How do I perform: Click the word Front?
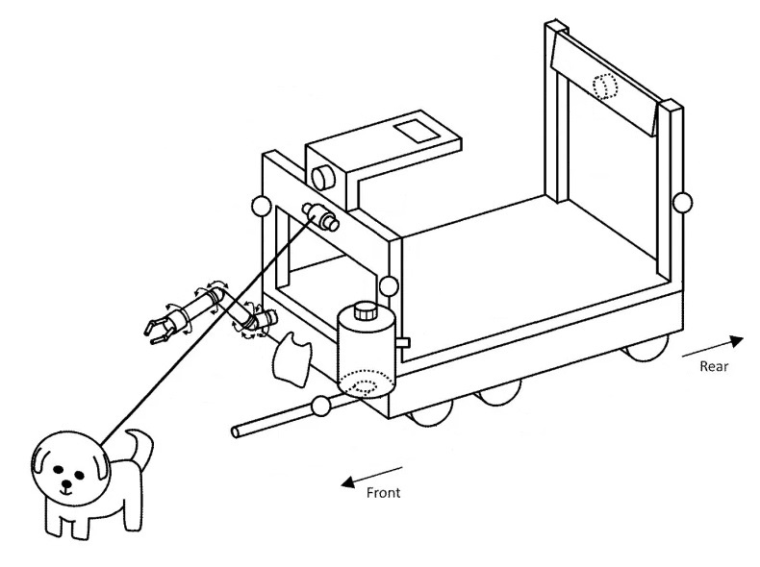[x=384, y=493]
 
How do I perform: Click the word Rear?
[x=714, y=366]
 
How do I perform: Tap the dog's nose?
[x=67, y=483]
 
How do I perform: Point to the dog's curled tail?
[x=140, y=447]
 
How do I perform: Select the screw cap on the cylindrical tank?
[x=366, y=310]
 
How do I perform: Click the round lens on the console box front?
[x=323, y=178]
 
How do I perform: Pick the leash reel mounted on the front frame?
[x=320, y=216]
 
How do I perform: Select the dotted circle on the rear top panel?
[x=605, y=87]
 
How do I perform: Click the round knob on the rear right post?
[x=682, y=202]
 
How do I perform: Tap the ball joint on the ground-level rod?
[x=320, y=406]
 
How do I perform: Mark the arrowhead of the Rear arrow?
[x=736, y=341]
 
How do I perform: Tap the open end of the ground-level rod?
[x=236, y=431]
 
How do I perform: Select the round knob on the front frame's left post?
[x=261, y=206]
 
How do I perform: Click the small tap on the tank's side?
[x=403, y=343]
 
